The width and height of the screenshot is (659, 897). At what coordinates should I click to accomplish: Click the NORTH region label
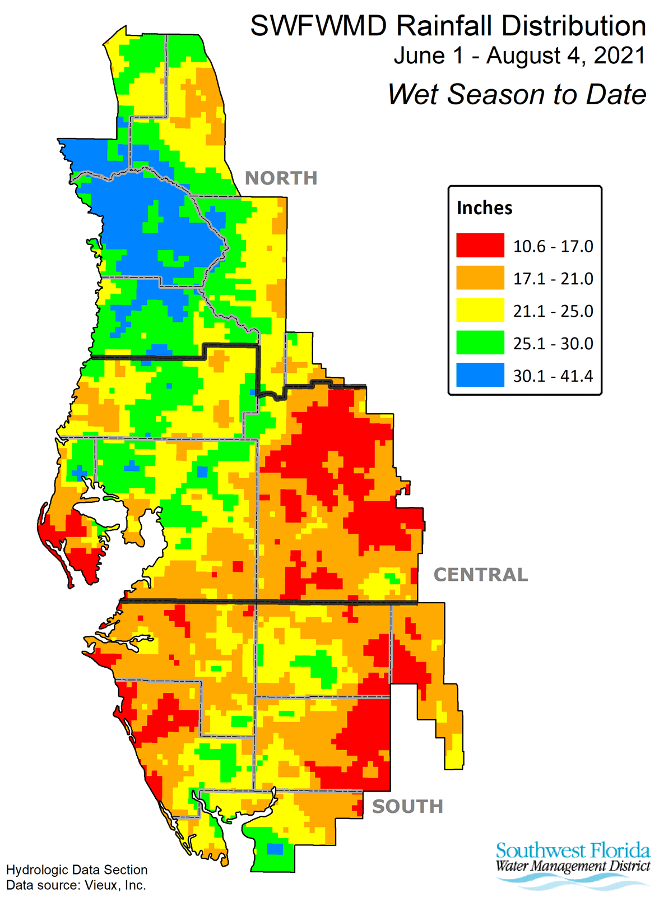coord(281,178)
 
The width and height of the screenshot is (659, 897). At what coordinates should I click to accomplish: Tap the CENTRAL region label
coord(480,575)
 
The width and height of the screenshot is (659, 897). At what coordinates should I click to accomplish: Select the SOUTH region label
coord(407,806)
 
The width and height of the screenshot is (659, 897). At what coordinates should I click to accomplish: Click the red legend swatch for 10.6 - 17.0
coord(480,246)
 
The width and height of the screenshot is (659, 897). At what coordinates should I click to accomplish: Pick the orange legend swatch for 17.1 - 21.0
coord(480,278)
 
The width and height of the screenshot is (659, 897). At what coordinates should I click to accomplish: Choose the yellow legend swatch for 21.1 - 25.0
coord(480,311)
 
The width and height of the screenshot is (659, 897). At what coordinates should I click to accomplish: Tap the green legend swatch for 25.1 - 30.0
coord(480,343)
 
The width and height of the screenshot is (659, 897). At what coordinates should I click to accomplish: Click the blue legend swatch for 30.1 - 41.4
coord(480,375)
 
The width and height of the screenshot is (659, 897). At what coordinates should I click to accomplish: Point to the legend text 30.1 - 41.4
coord(553,376)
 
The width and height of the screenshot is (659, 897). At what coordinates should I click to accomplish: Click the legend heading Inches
coord(484,208)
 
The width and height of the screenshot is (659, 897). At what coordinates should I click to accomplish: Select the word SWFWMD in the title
coord(318,26)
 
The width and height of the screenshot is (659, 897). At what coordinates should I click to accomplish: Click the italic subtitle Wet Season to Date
coord(517,94)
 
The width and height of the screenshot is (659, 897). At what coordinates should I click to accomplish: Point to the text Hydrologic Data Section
coord(77,870)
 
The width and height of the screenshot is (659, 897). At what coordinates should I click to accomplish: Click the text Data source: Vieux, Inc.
coord(76,885)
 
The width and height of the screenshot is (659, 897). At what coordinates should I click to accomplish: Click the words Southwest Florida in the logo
coord(572,850)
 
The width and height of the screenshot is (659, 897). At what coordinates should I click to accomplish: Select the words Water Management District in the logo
coord(572,866)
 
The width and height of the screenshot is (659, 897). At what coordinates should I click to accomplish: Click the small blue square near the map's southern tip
coord(275,849)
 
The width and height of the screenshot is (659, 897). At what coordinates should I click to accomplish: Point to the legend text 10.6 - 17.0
coord(553,246)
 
